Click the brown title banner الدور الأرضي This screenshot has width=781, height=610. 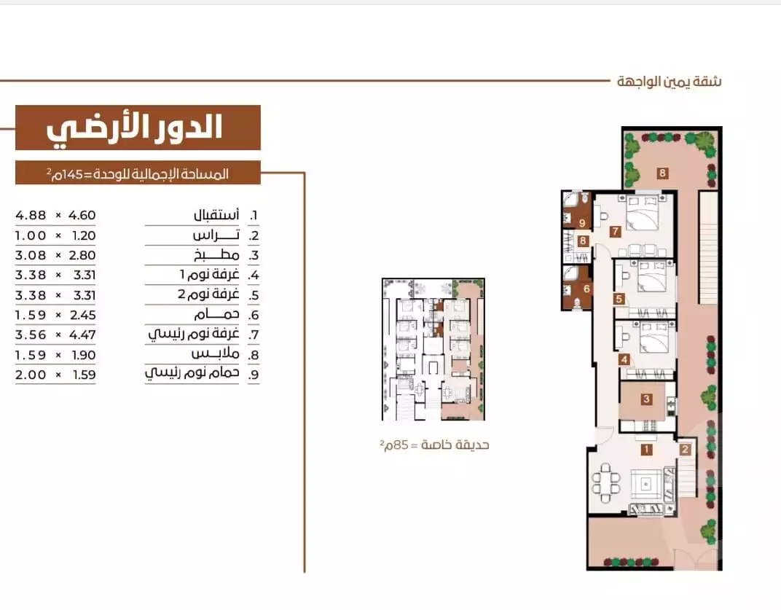138,128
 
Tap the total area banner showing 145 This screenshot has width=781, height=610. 138,173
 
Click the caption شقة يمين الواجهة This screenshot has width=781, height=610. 669,81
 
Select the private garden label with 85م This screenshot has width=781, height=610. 433,445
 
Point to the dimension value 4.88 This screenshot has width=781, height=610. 31,215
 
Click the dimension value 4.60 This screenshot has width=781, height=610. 82,215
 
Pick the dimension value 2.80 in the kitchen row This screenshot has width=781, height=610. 82,255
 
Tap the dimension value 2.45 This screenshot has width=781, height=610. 82,315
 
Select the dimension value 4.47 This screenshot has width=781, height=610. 82,335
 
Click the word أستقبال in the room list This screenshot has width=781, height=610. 216,215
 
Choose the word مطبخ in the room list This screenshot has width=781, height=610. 216,255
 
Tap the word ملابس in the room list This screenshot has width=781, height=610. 215,354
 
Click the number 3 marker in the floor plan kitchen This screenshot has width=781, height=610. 646,399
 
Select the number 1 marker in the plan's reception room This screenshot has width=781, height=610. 646,450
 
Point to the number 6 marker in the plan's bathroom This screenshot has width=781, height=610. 586,289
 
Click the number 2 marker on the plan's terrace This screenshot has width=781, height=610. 685,449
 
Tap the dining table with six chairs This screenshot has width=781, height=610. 605,483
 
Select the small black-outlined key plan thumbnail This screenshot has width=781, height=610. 433,349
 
